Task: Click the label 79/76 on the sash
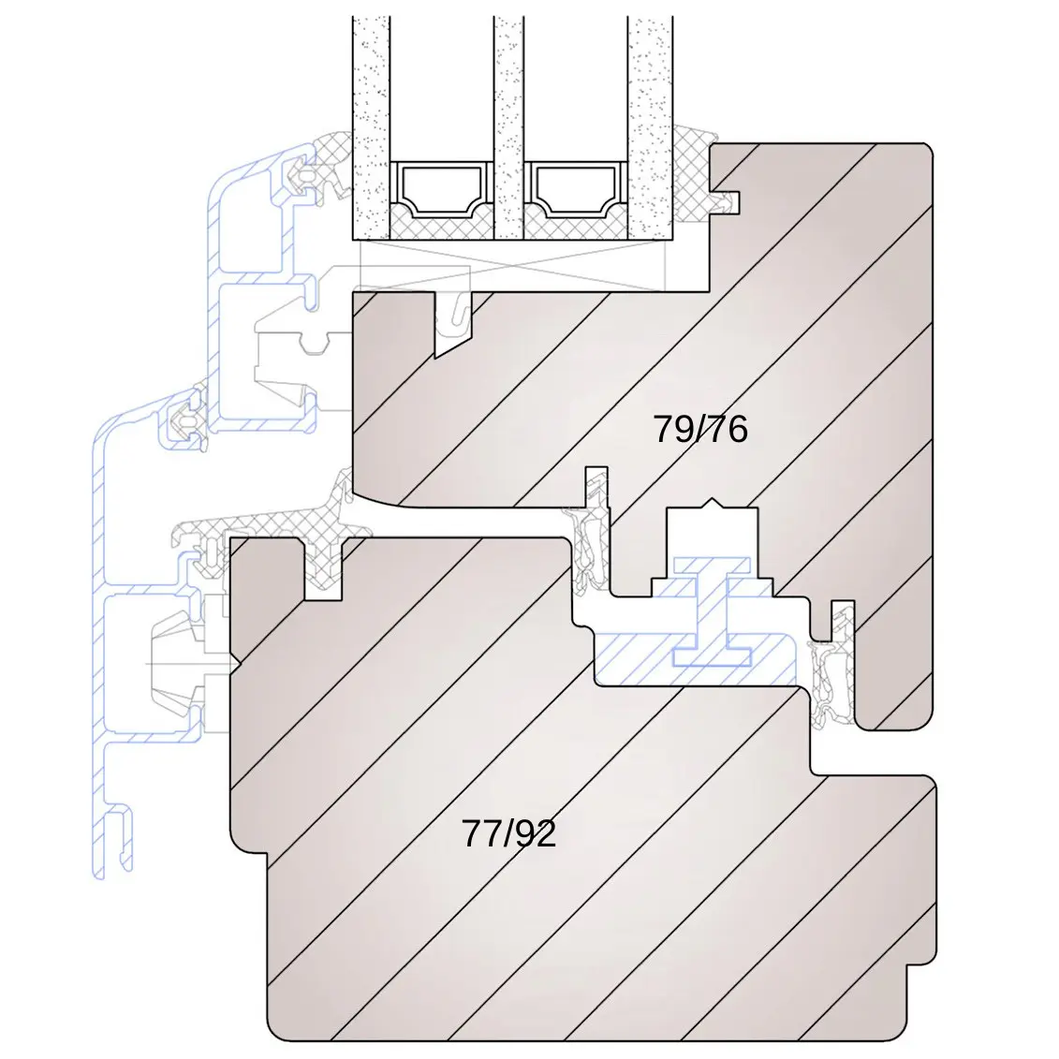(x=700, y=429)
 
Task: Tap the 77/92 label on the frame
(x=508, y=833)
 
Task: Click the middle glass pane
(x=508, y=127)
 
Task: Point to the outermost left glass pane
(x=372, y=127)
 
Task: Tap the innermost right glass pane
(x=651, y=127)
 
